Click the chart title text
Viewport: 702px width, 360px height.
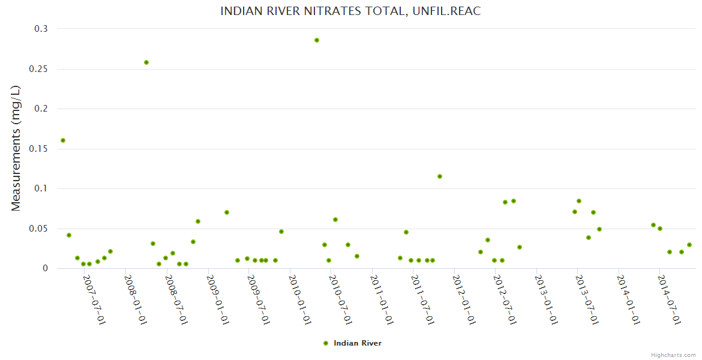350,11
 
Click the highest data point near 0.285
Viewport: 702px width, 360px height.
317,40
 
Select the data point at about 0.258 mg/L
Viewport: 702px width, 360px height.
146,62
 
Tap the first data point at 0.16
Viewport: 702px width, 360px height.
63,140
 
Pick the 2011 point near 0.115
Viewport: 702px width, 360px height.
440,176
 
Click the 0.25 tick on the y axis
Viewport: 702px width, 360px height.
38,69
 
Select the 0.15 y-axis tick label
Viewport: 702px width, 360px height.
38,149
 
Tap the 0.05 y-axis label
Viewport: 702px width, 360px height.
38,229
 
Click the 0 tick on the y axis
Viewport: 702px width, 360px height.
45,269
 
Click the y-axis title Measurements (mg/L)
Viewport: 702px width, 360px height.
16,148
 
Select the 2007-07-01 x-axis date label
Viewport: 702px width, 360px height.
94,300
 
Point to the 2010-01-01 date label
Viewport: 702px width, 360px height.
299,300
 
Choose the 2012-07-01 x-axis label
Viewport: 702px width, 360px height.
505,300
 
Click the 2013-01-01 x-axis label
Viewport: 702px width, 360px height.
546,300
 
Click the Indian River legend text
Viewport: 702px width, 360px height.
358,343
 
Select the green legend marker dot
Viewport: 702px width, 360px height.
326,343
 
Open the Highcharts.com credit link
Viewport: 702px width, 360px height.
673,355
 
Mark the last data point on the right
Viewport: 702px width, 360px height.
689,245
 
